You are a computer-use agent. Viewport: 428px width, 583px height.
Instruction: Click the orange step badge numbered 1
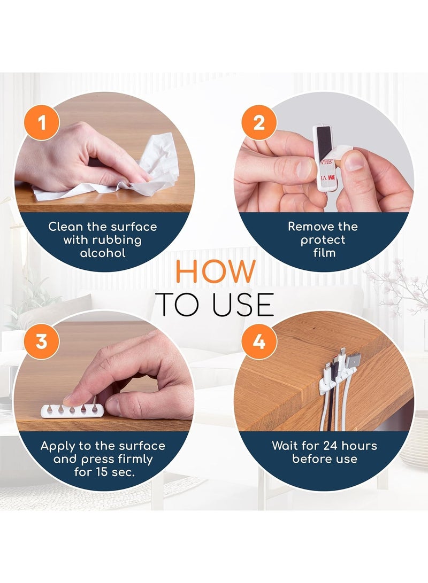click(x=42, y=122)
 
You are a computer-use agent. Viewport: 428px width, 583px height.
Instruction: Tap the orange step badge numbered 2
click(x=259, y=122)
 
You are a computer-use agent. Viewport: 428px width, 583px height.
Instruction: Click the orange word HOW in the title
click(x=216, y=271)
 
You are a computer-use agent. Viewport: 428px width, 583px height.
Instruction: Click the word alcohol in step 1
click(x=103, y=253)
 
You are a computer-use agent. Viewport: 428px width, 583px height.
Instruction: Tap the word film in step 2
click(x=324, y=253)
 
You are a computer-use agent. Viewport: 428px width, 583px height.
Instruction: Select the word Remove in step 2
click(x=307, y=227)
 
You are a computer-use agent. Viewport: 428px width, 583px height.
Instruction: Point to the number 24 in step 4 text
click(x=331, y=446)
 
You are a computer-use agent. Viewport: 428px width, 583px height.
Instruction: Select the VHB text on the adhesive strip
click(x=327, y=162)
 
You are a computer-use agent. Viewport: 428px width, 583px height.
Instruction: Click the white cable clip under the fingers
click(x=72, y=410)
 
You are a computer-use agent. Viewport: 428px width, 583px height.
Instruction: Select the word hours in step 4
click(x=359, y=446)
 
